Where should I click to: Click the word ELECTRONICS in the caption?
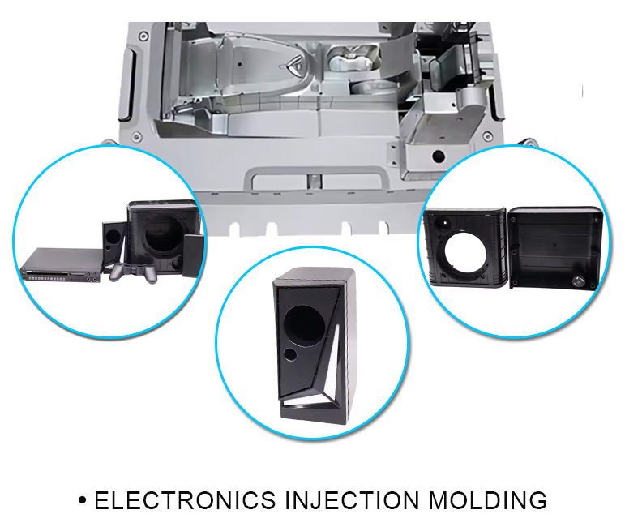[x=185, y=500]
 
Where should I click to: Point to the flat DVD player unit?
[x=61, y=264]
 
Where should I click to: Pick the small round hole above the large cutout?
[x=444, y=220]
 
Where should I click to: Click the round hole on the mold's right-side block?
[x=439, y=153]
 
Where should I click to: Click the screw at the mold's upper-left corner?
[x=143, y=36]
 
